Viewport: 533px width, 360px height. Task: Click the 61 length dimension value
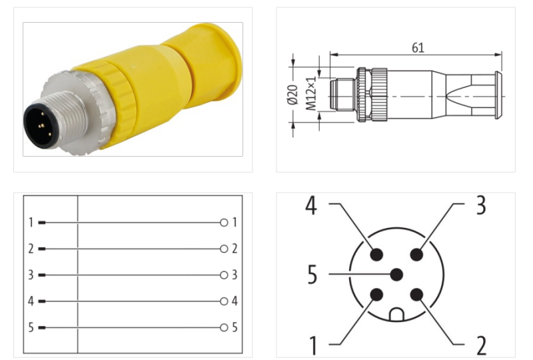click(x=418, y=47)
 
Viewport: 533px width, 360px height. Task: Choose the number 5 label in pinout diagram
click(x=312, y=275)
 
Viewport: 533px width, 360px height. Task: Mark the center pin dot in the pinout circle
click(x=396, y=274)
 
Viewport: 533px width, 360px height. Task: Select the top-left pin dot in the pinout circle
click(x=376, y=254)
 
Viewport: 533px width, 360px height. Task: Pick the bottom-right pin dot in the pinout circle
click(x=417, y=295)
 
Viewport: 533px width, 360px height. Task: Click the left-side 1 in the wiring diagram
click(x=31, y=222)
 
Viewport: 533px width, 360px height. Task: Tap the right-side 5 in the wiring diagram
click(x=235, y=327)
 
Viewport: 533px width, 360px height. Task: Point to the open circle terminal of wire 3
click(x=224, y=275)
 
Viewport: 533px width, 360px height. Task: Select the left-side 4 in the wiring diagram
click(x=31, y=301)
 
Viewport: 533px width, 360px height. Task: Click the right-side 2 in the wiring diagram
click(x=235, y=249)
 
